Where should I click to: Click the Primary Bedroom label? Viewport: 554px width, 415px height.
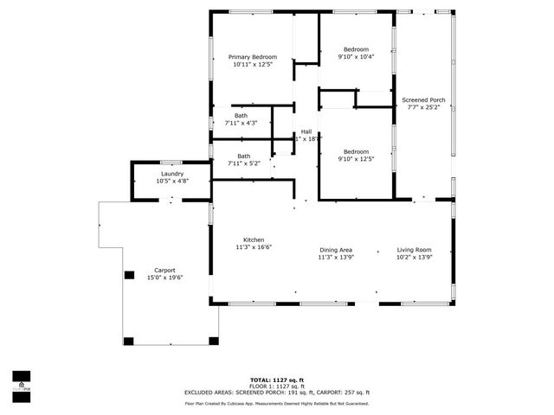point(253,57)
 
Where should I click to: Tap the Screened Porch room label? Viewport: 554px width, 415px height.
point(423,100)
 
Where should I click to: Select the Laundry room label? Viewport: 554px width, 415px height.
point(171,174)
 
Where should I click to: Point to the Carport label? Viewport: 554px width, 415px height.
point(164,270)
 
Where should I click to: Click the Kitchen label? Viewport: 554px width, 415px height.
point(253,240)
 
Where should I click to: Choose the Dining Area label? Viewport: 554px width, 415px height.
point(336,249)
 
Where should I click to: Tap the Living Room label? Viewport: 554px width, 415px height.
point(414,249)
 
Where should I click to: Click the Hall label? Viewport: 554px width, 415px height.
point(306,131)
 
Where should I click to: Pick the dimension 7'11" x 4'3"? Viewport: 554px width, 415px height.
point(241,124)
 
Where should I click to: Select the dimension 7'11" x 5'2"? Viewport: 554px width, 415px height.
point(244,163)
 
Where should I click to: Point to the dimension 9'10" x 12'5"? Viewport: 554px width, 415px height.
point(356,158)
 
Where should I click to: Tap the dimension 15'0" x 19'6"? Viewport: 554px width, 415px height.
point(164,278)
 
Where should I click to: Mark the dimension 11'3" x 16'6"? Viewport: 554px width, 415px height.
point(254,247)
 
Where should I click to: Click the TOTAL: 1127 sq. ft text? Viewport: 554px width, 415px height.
point(276,380)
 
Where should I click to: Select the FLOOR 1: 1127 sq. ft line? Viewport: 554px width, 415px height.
point(276,386)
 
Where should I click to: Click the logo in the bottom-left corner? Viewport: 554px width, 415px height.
point(20,380)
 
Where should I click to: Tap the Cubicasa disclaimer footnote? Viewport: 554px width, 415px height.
point(276,404)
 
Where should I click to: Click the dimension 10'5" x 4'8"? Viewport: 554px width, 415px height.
point(171,182)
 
